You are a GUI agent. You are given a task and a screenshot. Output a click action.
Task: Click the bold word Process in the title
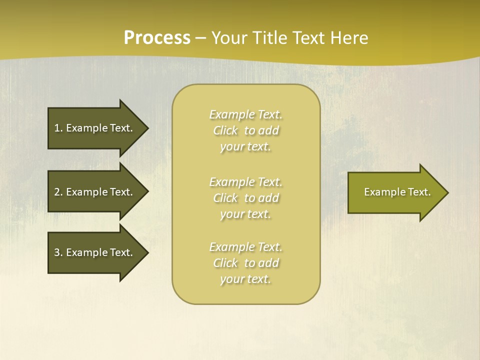coord(157,38)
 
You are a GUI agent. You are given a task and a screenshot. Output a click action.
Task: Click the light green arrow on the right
coord(395,192)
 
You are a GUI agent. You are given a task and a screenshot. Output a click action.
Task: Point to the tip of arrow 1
coord(147,128)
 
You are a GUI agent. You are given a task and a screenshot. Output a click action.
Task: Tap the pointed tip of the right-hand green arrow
coord(447,192)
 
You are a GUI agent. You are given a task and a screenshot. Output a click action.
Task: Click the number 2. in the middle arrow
coord(58,192)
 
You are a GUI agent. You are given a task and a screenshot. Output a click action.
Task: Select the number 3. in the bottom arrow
coord(58,252)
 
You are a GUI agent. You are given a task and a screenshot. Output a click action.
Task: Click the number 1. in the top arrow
coord(58,128)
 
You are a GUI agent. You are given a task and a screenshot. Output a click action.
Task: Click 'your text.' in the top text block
coord(245,147)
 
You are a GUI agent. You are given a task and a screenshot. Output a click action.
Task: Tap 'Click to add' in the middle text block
coord(245,198)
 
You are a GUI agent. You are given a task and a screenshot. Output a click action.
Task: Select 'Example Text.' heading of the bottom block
coord(245,247)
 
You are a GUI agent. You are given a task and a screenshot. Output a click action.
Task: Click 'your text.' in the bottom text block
coord(245,279)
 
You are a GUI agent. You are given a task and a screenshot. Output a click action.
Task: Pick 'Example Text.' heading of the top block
coord(245,114)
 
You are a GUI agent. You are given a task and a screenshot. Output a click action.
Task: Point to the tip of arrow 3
coord(147,252)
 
